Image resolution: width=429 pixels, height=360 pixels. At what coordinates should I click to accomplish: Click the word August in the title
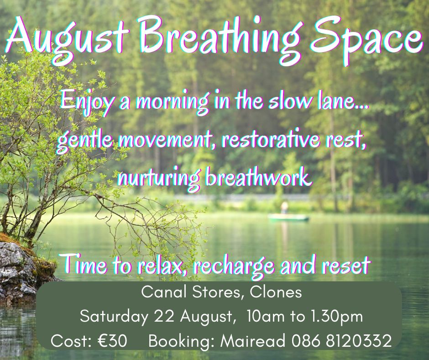pos(68,37)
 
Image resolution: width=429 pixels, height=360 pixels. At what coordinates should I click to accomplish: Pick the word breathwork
pos(259,177)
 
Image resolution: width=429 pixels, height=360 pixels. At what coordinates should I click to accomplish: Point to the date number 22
pos(164,317)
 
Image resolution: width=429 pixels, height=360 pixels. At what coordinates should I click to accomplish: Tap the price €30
pos(112,341)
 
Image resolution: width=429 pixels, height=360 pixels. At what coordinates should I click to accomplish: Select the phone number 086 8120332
pos(341,341)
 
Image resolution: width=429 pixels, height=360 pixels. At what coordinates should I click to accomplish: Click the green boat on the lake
pos(288,218)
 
